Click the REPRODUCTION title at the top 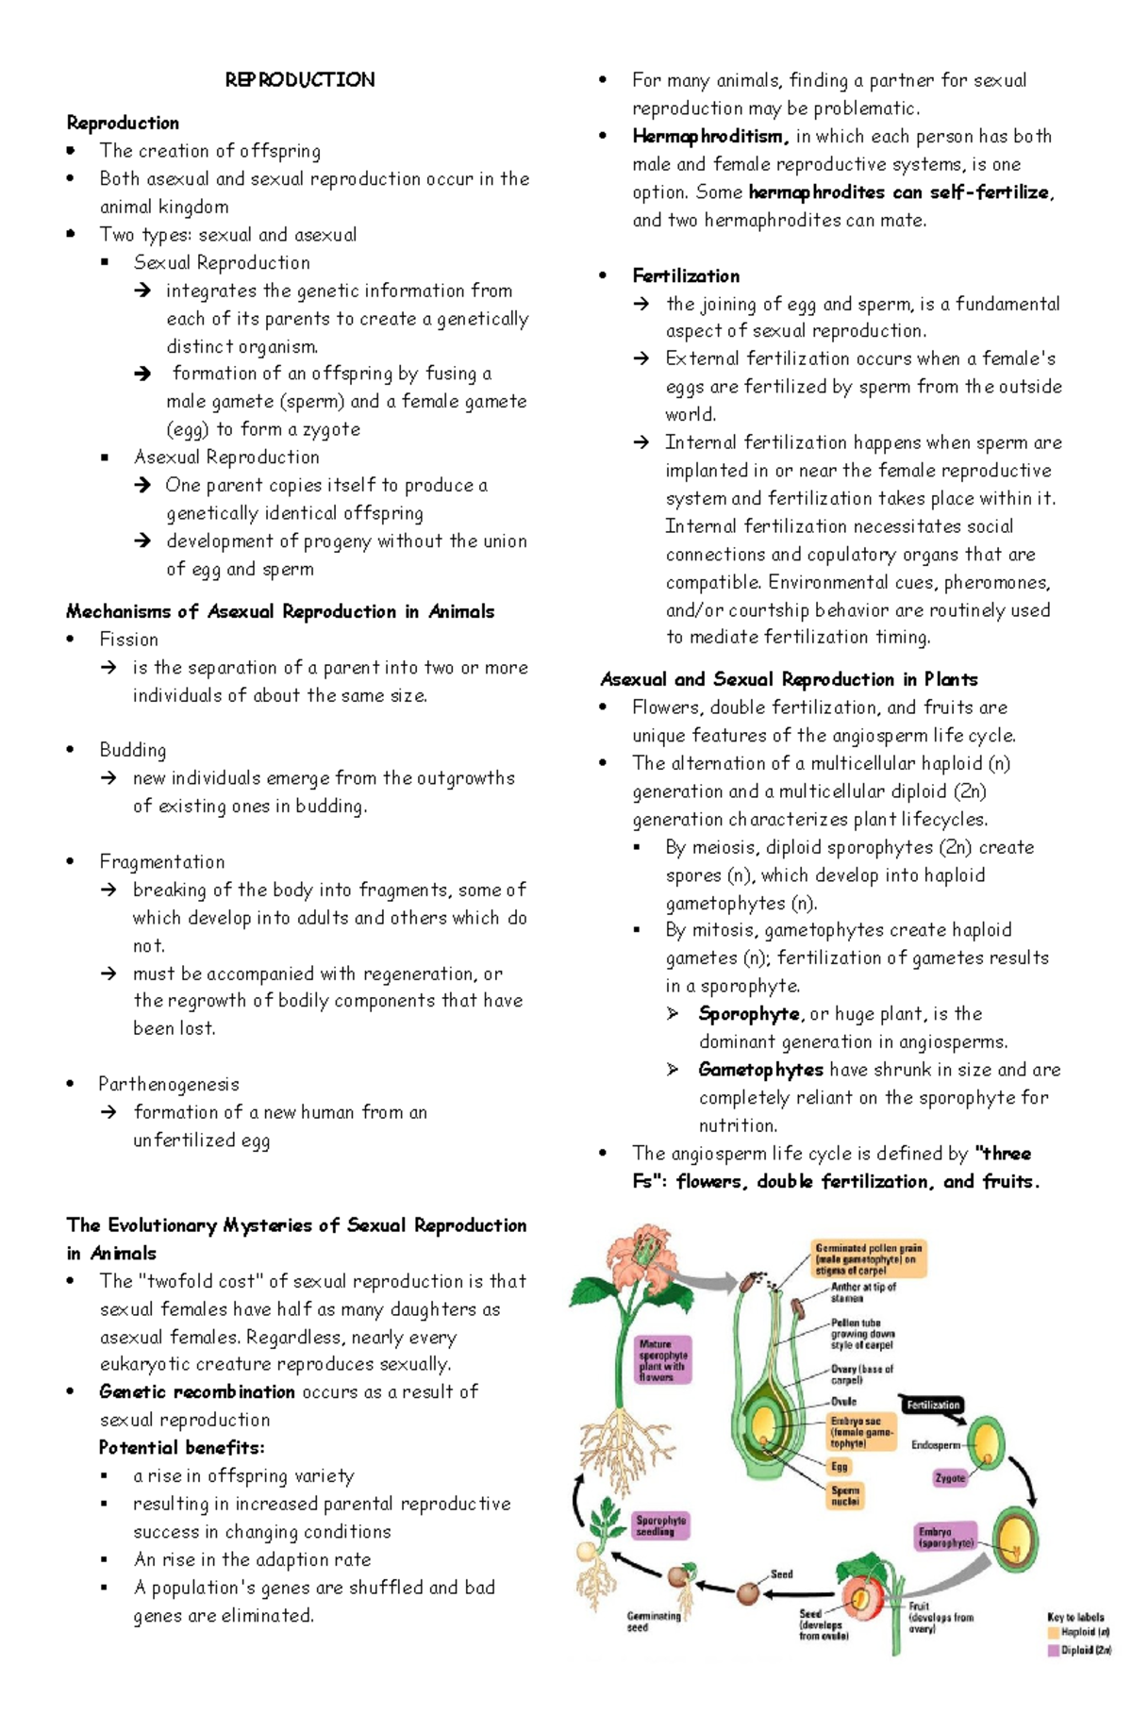click(x=299, y=80)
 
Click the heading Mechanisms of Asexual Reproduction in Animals click(x=280, y=611)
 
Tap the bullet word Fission click(x=129, y=640)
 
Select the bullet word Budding click(x=133, y=750)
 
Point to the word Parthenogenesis click(x=169, y=1084)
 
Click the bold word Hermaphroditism click(x=709, y=136)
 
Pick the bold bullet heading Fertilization click(x=686, y=276)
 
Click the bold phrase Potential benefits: click(x=182, y=1447)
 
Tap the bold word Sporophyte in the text click(x=749, y=1014)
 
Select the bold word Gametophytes click(x=760, y=1070)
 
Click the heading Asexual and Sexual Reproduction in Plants click(x=789, y=679)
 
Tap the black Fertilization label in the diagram click(x=933, y=1405)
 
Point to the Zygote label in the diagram click(x=950, y=1478)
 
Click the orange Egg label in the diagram click(x=840, y=1466)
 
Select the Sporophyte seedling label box click(x=660, y=1525)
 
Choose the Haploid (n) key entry click(x=1079, y=1631)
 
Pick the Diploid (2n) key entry click(x=1079, y=1650)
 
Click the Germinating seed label click(x=653, y=1622)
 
